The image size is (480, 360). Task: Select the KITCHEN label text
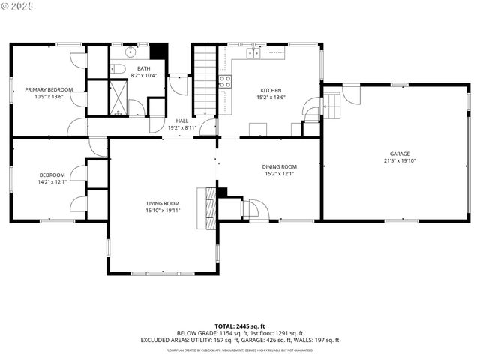[x=271, y=89]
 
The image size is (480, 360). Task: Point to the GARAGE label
[x=400, y=154]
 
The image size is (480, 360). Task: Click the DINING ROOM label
[x=279, y=166]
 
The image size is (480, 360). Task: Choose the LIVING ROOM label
[x=162, y=203]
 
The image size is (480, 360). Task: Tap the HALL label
[x=181, y=121]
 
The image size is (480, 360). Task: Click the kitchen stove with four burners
[x=225, y=82]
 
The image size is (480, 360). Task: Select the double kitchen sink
[x=254, y=53]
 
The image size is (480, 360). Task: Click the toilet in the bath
[x=117, y=69]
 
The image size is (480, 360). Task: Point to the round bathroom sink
[x=129, y=52]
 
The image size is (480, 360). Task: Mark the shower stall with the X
[x=118, y=97]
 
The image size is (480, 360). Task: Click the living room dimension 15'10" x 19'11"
[x=162, y=211]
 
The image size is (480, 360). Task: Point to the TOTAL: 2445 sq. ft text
[x=240, y=326]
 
